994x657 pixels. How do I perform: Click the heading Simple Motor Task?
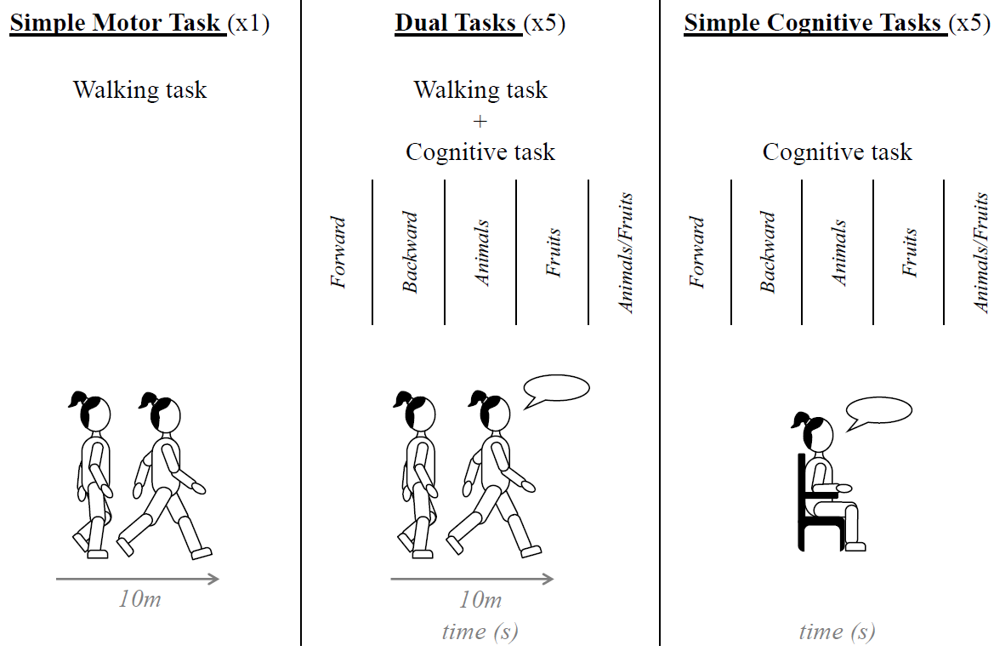117,22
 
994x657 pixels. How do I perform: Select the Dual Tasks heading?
457,22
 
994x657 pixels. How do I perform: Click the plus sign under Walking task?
480,121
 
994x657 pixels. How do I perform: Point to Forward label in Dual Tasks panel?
338,253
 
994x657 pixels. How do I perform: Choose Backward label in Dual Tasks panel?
410,252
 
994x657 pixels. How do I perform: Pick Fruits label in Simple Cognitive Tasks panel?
910,252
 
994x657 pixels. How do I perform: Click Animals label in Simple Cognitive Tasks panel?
838,253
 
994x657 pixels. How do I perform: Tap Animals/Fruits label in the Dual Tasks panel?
627,253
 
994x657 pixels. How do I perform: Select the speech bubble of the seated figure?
879,411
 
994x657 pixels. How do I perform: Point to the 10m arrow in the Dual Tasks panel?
472,580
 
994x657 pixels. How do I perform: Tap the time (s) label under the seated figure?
837,631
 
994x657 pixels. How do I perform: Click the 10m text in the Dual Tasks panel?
480,600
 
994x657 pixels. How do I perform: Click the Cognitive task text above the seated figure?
837,152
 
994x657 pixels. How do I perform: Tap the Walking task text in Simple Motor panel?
139,89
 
